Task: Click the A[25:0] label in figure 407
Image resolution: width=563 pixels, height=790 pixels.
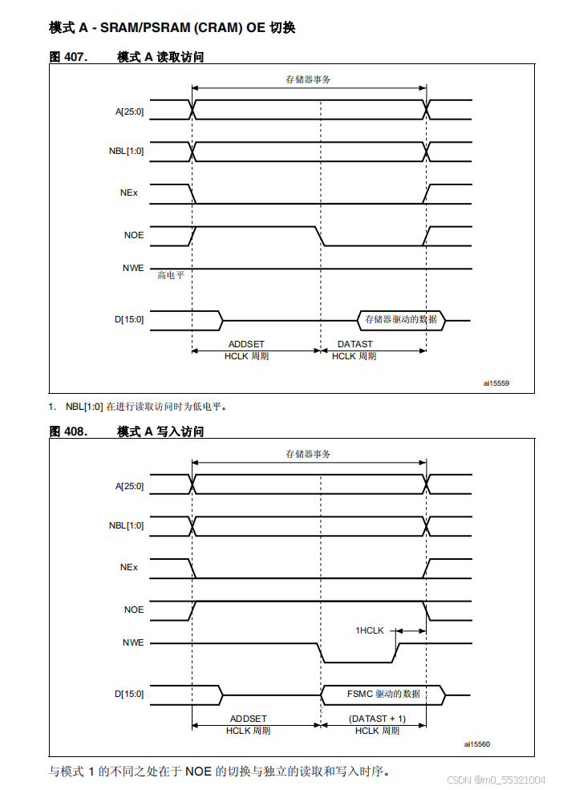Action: click(x=129, y=111)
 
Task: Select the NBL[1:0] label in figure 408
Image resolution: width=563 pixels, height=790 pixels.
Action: click(x=127, y=526)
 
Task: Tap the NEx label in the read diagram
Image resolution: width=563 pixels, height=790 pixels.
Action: click(x=129, y=192)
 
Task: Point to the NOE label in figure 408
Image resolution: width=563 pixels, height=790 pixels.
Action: click(x=134, y=610)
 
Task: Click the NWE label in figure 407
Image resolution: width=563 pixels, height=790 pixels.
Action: click(x=133, y=268)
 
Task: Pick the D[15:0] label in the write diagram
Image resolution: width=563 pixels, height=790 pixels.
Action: click(x=128, y=694)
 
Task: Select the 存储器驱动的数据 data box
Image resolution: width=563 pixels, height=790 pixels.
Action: click(x=401, y=319)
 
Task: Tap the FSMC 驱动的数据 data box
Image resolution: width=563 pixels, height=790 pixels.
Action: click(x=383, y=694)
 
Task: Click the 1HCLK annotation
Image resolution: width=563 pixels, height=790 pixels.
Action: click(x=370, y=631)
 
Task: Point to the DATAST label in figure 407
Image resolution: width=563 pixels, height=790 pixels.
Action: click(x=354, y=344)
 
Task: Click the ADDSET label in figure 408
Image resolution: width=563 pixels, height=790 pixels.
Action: click(x=249, y=719)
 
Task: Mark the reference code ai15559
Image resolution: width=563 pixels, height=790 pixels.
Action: click(x=496, y=383)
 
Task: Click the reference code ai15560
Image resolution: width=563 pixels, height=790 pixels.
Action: click(x=476, y=743)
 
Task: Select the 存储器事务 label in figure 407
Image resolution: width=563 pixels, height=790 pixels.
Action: click(x=309, y=79)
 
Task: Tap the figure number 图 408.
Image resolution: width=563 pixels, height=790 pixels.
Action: click(x=68, y=431)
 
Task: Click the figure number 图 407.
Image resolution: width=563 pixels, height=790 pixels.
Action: click(x=68, y=57)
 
